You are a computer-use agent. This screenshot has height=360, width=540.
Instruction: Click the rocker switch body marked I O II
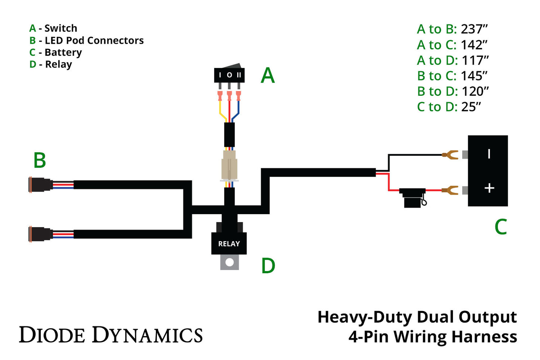[x=229, y=75]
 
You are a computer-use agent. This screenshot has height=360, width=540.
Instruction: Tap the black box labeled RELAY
[x=229, y=243]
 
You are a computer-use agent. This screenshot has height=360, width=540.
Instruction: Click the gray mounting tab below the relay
[x=229, y=262]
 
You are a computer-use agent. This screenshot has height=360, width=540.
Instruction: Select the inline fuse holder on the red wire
[x=412, y=197]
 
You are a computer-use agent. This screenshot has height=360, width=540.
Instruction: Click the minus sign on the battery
[x=489, y=154]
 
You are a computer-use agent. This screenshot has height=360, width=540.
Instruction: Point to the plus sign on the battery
[x=489, y=188]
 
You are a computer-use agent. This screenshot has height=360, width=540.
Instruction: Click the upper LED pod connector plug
[x=40, y=185]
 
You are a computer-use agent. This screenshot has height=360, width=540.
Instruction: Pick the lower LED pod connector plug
[x=40, y=234]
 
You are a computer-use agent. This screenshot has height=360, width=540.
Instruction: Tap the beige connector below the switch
[x=229, y=164]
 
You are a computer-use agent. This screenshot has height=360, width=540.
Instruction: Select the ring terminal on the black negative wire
[x=450, y=154]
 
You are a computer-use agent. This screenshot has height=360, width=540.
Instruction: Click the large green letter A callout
[x=268, y=76]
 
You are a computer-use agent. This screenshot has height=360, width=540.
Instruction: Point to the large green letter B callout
[x=40, y=160]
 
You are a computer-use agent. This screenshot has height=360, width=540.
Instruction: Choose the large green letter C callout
[x=500, y=227]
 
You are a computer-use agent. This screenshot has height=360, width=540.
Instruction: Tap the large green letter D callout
[x=268, y=266]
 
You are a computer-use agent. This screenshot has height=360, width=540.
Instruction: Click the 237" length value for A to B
[x=474, y=29]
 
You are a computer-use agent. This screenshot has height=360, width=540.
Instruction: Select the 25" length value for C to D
[x=471, y=107]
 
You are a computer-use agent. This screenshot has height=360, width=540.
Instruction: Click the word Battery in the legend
[x=63, y=52]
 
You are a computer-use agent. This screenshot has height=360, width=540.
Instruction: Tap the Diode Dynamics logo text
[x=111, y=335]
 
